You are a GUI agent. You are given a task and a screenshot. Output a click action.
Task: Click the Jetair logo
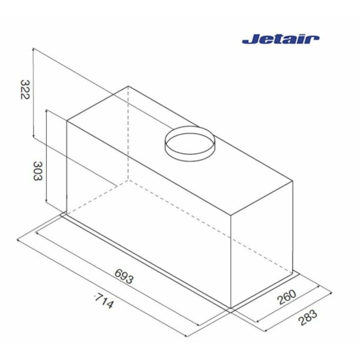281,39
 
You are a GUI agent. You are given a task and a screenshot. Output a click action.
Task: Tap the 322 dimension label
25,89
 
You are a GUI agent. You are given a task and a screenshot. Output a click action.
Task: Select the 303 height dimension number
38,171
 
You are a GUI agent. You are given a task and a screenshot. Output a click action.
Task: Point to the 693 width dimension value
124,276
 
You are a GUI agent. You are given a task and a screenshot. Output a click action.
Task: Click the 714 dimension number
104,301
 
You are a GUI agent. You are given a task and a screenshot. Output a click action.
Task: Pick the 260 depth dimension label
287,297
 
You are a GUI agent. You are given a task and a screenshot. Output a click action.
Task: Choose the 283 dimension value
308,317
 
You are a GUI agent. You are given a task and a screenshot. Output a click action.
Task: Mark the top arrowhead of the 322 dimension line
33,49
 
